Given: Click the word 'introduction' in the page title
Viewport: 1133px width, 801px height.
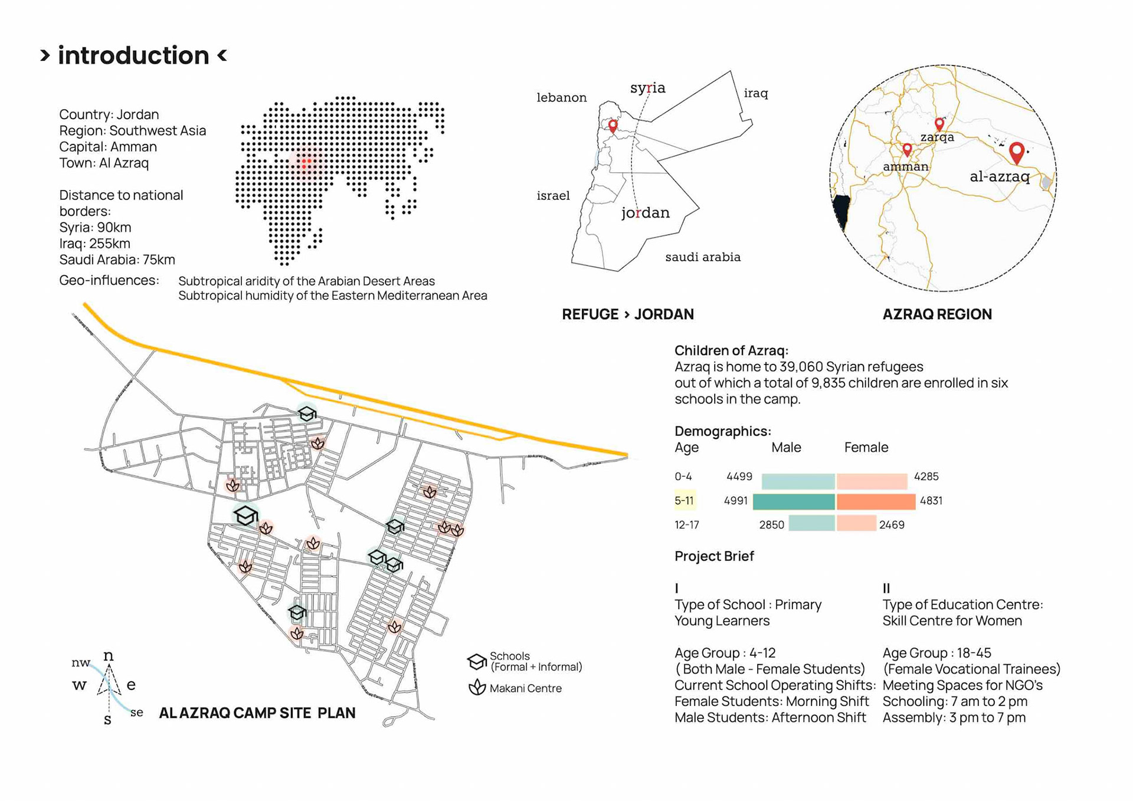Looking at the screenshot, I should point(133,56).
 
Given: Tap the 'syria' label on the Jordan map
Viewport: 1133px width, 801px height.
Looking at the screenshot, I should point(647,88).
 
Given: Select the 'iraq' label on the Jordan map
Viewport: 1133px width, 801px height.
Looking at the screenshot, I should point(755,93).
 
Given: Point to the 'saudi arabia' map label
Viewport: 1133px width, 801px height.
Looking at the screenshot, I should point(702,257).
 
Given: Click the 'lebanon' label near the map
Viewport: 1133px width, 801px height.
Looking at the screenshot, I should point(561,97).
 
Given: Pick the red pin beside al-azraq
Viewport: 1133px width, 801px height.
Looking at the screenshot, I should point(1016,152).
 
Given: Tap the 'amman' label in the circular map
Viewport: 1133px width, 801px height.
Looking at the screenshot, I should point(905,167).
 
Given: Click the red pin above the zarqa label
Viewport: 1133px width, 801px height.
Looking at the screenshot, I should point(939,124).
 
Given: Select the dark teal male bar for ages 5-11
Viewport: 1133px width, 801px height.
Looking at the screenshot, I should point(794,501).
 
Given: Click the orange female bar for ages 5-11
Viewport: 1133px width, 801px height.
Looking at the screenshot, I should point(876,501).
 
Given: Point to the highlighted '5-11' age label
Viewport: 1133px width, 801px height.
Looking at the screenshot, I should point(685,501).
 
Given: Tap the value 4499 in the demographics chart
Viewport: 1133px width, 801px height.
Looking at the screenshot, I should point(739,477).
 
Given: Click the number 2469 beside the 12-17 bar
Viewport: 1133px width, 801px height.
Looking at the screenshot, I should point(892,525).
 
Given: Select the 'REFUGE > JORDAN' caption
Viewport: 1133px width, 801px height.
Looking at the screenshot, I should point(627,314).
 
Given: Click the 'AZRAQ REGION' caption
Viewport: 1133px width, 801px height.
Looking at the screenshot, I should point(937,314).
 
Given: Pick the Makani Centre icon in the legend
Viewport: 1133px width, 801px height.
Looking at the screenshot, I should point(477,687).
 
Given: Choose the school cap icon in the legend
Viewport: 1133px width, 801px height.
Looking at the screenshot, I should point(476,661).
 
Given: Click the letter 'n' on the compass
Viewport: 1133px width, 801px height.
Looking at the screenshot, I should point(109,656).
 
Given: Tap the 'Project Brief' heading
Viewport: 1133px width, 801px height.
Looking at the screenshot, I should point(714,556).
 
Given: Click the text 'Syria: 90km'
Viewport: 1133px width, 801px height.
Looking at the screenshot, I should point(95,228).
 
